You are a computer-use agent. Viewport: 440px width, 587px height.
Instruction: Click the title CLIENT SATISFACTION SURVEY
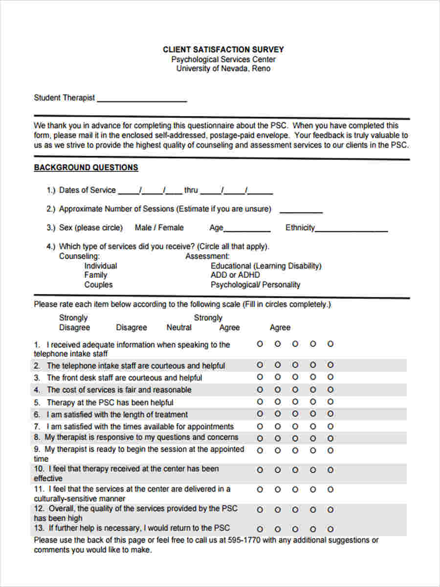point(223,49)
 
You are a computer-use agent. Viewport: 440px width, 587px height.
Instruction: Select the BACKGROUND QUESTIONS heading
point(86,167)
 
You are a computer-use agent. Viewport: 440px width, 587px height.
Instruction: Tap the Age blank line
point(247,229)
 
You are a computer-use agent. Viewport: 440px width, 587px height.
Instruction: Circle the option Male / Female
point(159,227)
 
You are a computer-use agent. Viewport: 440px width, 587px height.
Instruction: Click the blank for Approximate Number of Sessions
point(301,211)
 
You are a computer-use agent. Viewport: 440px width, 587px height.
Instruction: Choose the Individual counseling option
point(101,266)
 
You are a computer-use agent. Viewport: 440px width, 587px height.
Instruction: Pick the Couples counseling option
point(98,285)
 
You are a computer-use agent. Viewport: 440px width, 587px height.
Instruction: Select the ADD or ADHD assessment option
point(235,275)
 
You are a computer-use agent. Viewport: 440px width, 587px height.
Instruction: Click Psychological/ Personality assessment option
point(255,285)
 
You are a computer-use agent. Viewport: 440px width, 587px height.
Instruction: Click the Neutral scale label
point(179,327)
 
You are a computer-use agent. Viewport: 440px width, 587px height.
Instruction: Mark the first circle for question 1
point(260,344)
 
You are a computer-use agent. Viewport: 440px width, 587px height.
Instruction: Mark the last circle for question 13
point(330,529)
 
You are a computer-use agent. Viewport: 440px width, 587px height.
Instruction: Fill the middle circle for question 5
point(295,402)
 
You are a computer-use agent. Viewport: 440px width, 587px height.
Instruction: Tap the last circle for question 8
point(330,438)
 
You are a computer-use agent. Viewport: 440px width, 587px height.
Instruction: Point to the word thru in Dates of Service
point(191,190)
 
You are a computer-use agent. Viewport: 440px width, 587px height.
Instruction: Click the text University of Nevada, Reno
point(223,68)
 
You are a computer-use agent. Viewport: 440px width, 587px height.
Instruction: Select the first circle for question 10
point(260,470)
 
